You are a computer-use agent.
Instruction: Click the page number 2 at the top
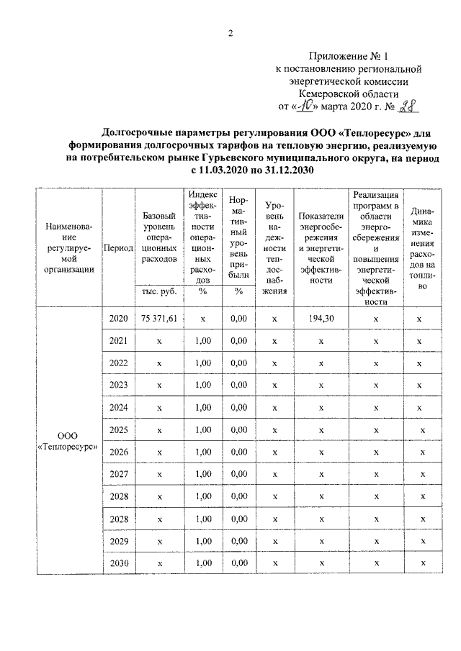[230, 33]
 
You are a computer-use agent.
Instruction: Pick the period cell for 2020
[118, 318]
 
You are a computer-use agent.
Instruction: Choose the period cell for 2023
[118, 385]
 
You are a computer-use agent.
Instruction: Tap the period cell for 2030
[118, 563]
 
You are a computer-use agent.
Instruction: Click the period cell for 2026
[118, 452]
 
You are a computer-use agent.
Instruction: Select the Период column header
[118, 247]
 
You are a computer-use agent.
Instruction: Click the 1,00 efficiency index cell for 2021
[203, 340]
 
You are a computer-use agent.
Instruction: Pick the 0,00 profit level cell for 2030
[238, 563]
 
